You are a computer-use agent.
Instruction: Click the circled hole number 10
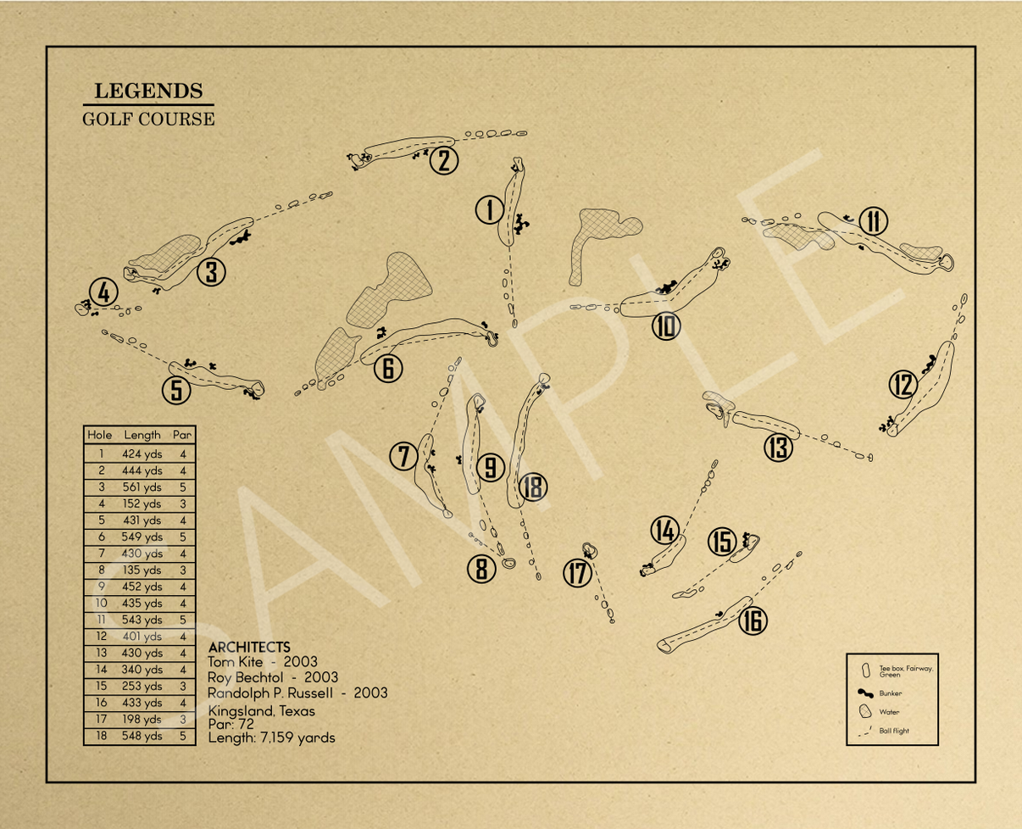pyautogui.click(x=666, y=326)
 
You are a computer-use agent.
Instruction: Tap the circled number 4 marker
pyautogui.click(x=103, y=293)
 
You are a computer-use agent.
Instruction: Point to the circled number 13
pyautogui.click(x=778, y=447)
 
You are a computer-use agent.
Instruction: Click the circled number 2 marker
pyautogui.click(x=444, y=160)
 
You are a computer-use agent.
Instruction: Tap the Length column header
pyautogui.click(x=142, y=435)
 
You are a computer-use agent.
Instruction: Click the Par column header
pyautogui.click(x=182, y=435)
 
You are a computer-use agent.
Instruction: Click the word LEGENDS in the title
pyautogui.click(x=147, y=91)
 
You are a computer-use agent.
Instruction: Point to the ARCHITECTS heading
pyautogui.click(x=249, y=647)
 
